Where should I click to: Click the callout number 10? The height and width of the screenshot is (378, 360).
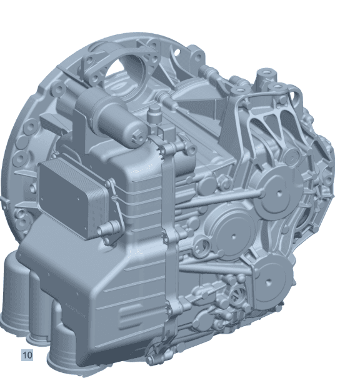27,355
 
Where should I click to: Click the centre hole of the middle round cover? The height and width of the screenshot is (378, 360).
233,236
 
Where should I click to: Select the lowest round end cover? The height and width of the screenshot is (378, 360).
269,281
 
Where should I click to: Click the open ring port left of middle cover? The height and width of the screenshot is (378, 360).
202,246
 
